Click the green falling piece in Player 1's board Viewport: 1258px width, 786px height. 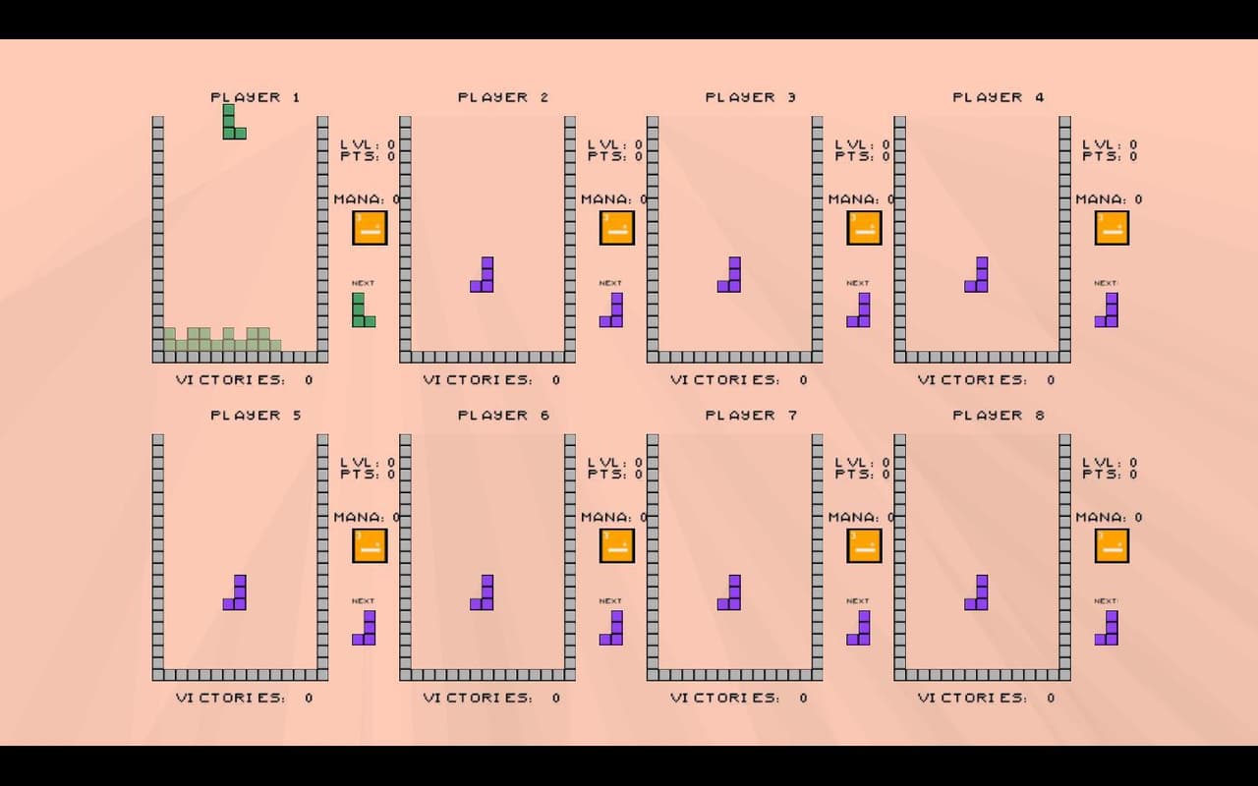(x=229, y=127)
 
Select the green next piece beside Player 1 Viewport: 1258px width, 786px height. (x=359, y=314)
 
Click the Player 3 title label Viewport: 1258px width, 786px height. (x=751, y=97)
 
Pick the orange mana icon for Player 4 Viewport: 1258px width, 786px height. (x=1112, y=228)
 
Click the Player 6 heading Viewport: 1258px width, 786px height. (x=504, y=415)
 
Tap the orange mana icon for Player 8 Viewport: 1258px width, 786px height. (x=1112, y=545)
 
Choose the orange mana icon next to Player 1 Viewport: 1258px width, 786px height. (x=370, y=228)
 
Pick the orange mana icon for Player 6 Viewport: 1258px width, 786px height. (x=616, y=545)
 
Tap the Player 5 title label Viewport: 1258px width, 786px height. (x=257, y=415)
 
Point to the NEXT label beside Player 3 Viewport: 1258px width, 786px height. (x=858, y=283)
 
